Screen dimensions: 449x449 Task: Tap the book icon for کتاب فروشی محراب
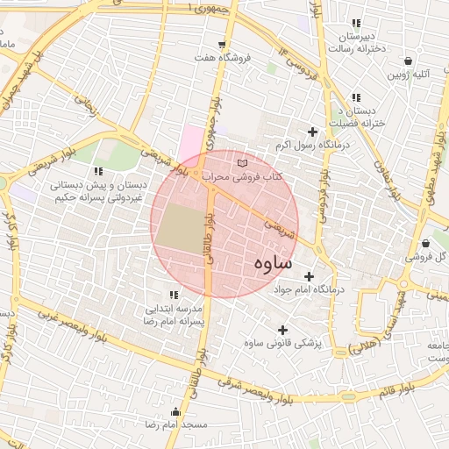[243, 163]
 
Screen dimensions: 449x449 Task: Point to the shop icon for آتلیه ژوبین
[409, 61]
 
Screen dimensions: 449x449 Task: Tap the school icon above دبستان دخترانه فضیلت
[356, 97]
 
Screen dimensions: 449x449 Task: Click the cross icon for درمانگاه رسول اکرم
[312, 130]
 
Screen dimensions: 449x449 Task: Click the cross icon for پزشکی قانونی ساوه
[282, 329]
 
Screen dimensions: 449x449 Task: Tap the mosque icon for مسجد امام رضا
[176, 411]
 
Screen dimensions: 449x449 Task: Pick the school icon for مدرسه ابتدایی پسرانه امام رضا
[172, 295]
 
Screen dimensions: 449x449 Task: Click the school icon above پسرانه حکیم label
[97, 171]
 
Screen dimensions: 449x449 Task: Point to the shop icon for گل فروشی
[425, 244]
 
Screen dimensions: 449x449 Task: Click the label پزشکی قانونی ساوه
[283, 343]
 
